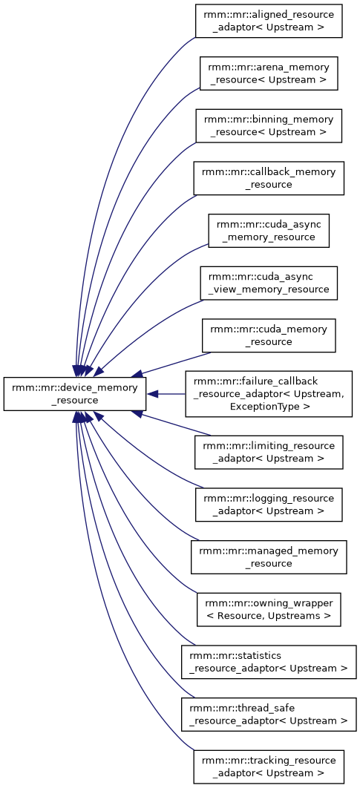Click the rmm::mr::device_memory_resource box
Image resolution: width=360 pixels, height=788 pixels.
pos(75,394)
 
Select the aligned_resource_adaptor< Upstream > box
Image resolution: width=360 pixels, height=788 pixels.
pos(269,21)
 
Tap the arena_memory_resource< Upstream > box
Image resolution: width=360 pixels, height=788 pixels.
pos(269,73)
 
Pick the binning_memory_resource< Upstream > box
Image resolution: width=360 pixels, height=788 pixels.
pos(269,125)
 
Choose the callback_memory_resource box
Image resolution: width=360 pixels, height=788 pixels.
pos(269,178)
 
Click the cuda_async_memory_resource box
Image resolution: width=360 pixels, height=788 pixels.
pos(269,230)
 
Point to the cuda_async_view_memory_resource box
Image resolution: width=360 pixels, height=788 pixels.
pos(269,283)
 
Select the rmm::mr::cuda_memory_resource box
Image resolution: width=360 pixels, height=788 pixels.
pos(269,335)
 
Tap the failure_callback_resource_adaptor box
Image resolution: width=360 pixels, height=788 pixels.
pos(269,394)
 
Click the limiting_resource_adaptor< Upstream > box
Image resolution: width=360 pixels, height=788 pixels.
pos(269,453)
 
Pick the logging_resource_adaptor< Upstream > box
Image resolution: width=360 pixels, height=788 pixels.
pos(269,505)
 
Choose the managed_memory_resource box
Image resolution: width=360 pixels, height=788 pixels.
pos(269,556)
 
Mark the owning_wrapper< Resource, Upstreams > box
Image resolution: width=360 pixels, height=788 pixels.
pos(269,610)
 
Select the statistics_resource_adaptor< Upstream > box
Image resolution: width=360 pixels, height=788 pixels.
pos(269,662)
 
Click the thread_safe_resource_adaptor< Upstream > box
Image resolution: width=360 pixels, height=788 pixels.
pos(269,714)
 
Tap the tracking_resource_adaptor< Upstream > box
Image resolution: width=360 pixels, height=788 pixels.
pos(269,766)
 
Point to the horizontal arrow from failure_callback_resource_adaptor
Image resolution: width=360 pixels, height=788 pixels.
pos(166,394)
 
